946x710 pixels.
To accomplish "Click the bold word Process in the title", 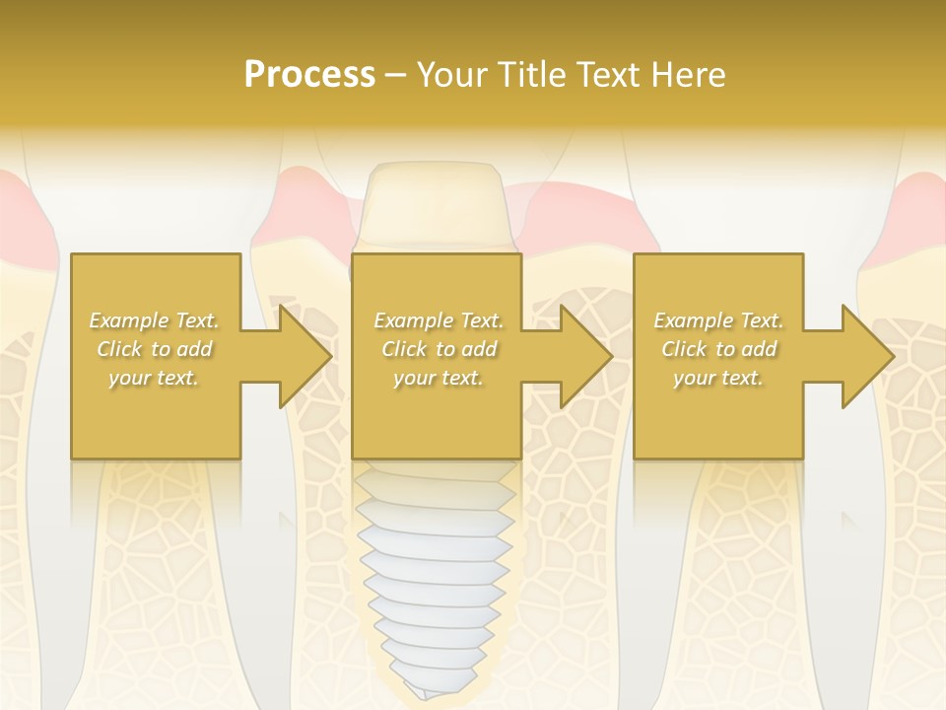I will coord(309,74).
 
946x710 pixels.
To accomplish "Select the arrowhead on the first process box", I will coord(305,356).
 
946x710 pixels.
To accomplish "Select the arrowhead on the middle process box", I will coord(586,356).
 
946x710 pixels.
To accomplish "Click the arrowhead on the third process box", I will coord(867,356).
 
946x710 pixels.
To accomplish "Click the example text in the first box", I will coord(155,349).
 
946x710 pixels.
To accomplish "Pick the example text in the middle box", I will coord(438,349).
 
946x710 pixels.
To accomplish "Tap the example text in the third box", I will coord(718,349).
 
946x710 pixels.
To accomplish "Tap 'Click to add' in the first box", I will coord(155,349).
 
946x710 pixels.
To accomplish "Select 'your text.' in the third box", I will coord(718,378).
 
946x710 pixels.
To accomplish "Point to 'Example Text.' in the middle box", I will coord(438,320).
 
